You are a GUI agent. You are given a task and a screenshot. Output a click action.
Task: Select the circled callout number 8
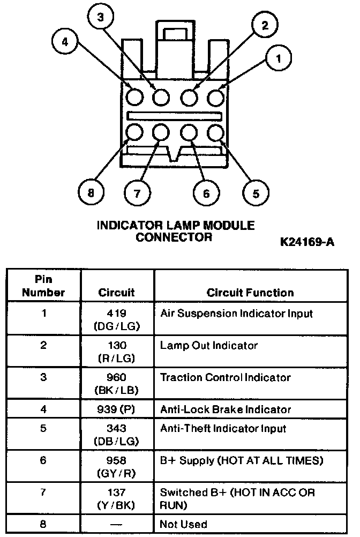point(91,192)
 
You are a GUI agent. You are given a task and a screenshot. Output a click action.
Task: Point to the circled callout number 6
point(206,192)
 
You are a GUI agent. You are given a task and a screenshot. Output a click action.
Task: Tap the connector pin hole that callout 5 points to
point(215,132)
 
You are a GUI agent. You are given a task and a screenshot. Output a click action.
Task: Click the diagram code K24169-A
point(307,242)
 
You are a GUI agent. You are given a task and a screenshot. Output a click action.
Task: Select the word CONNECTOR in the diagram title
point(174,236)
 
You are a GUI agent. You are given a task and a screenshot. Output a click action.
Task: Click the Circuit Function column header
point(250,293)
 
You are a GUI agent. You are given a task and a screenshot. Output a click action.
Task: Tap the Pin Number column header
point(43,286)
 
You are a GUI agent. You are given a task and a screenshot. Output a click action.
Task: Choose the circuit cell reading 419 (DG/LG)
point(117,319)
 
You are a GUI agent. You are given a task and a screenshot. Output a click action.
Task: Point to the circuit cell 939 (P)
point(117,409)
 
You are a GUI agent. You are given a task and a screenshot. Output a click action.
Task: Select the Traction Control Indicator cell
point(225,378)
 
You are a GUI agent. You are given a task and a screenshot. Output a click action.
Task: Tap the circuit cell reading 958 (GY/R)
point(117,466)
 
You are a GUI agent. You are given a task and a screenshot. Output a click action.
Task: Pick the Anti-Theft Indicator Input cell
point(223,428)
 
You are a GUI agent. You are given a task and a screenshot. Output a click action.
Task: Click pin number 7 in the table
point(43,492)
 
